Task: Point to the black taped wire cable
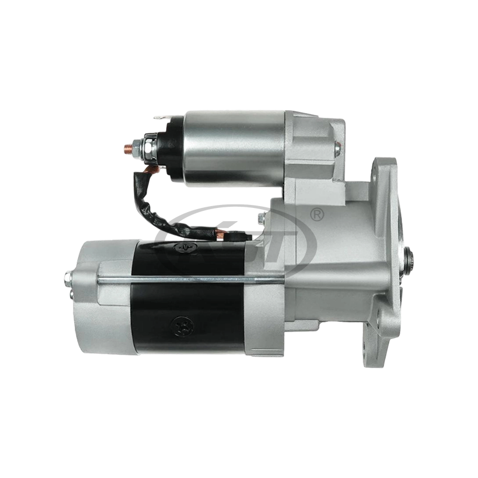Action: click(158, 203)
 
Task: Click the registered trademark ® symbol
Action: click(317, 213)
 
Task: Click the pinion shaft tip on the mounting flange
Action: click(413, 258)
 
